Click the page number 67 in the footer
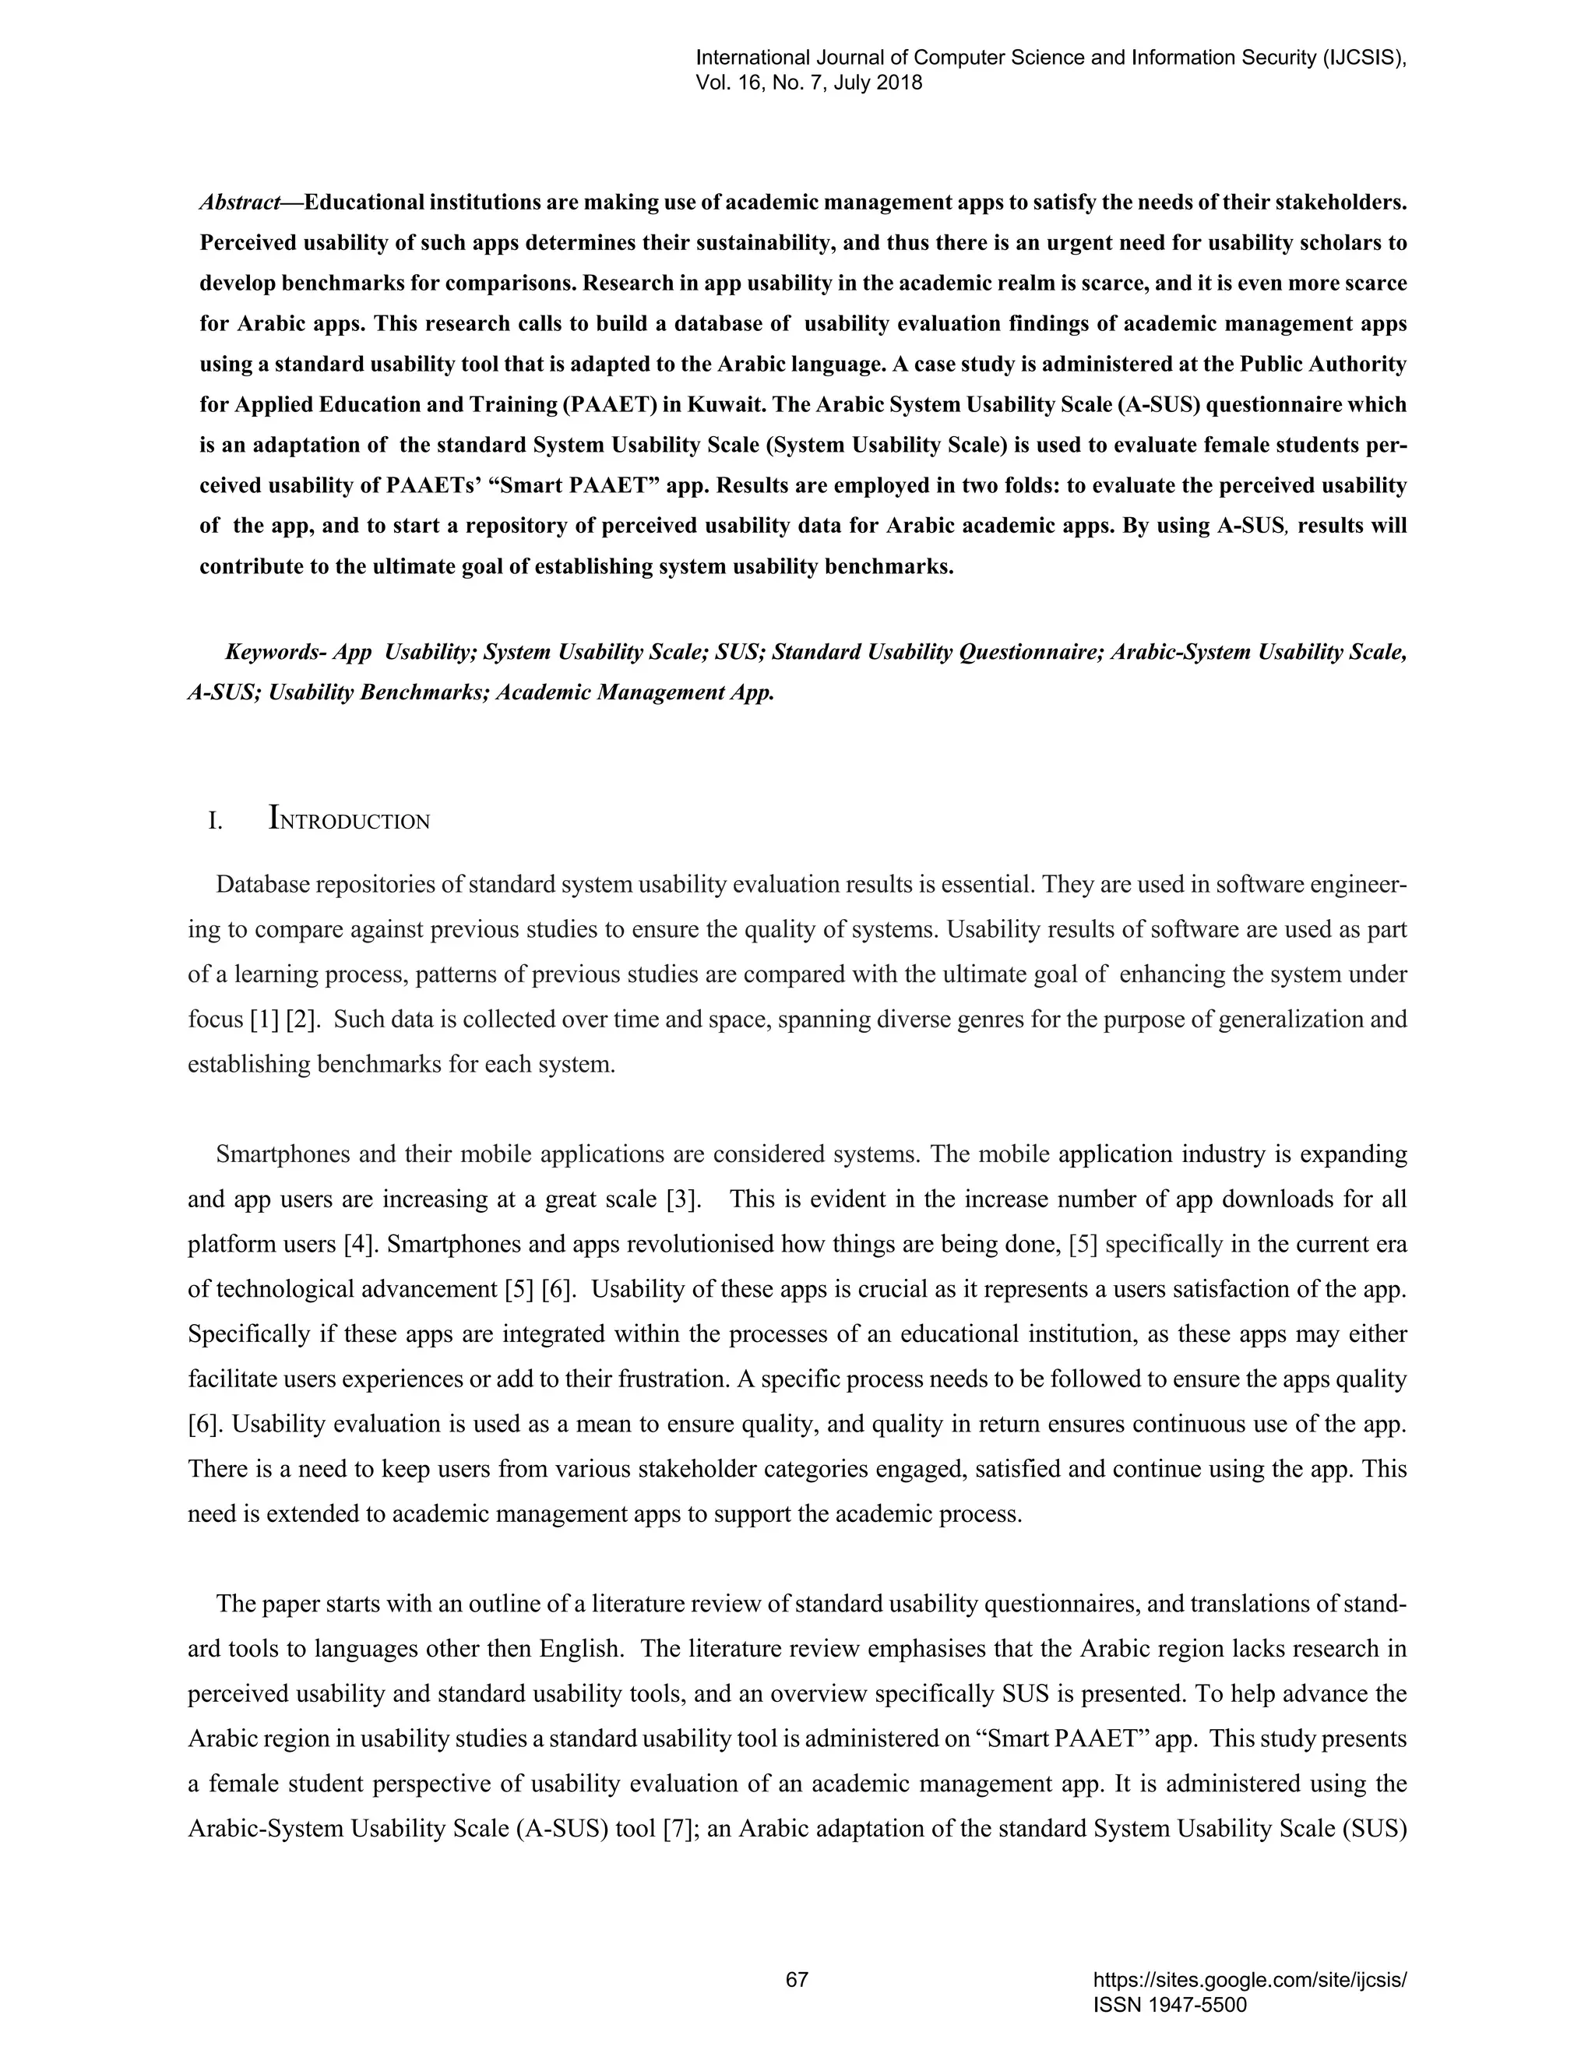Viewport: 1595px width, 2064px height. tap(797, 1980)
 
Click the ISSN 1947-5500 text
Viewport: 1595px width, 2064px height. tap(1169, 2005)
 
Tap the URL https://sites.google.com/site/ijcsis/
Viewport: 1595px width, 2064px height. tap(1249, 1980)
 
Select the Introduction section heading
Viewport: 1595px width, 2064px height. tap(349, 819)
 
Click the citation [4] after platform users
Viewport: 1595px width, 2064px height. tap(362, 1244)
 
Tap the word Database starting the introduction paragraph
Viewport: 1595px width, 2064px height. tap(261, 885)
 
